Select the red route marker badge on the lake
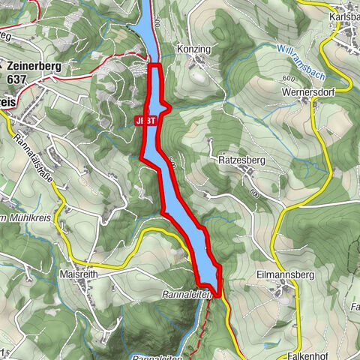pyautogui.click(x=147, y=120)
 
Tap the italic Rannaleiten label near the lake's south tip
pyautogui.click(x=182, y=295)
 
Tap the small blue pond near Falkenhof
pyautogui.click(x=268, y=324)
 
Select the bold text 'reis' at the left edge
pyautogui.click(x=8, y=100)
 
